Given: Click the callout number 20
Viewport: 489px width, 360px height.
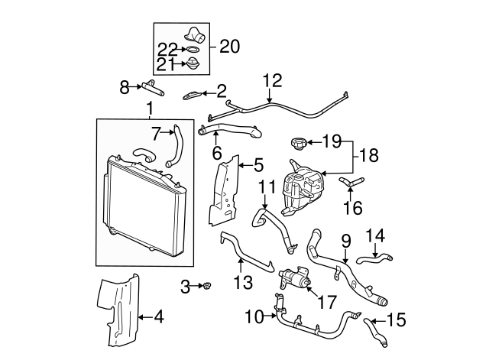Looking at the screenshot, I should pyautogui.click(x=229, y=47).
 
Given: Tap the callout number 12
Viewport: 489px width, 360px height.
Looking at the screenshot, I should pyautogui.click(x=273, y=79).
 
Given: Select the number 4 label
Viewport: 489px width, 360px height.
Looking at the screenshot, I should pyautogui.click(x=159, y=316).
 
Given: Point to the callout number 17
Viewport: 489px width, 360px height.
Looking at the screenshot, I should pyautogui.click(x=325, y=301).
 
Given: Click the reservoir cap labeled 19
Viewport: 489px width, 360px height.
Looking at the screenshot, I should pyautogui.click(x=297, y=143).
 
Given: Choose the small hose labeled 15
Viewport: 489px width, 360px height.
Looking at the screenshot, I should pyautogui.click(x=374, y=329).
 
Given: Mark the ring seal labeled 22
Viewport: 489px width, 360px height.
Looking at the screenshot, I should pyautogui.click(x=193, y=52).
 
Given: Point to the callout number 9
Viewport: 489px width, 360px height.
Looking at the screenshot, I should pyautogui.click(x=345, y=240).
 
